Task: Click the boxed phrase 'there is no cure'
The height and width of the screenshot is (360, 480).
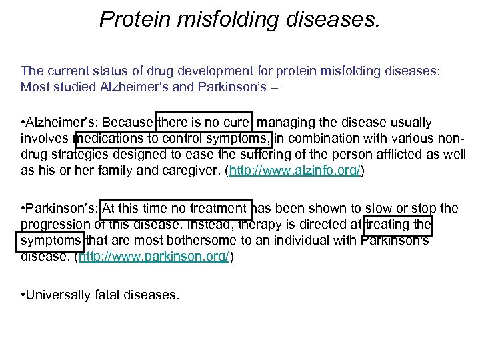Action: click(204, 123)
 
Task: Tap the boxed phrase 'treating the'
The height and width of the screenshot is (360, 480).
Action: click(398, 225)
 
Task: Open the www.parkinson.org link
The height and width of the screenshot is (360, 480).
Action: click(155, 257)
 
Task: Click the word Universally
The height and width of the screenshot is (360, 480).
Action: click(59, 294)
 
